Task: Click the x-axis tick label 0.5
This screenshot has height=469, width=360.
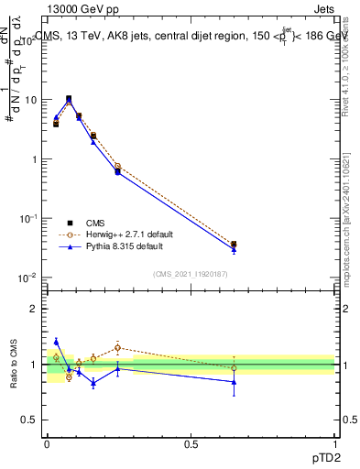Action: pos(191,442)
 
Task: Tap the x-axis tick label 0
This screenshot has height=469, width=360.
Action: pos(47,442)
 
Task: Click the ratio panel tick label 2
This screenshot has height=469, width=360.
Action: pos(35,309)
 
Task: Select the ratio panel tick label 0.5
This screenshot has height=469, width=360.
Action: pos(31,420)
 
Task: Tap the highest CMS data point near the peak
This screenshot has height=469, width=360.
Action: pos(69,98)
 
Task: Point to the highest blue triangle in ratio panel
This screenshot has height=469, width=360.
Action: pos(56,342)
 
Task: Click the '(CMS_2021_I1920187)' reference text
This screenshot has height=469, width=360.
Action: pos(189,274)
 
